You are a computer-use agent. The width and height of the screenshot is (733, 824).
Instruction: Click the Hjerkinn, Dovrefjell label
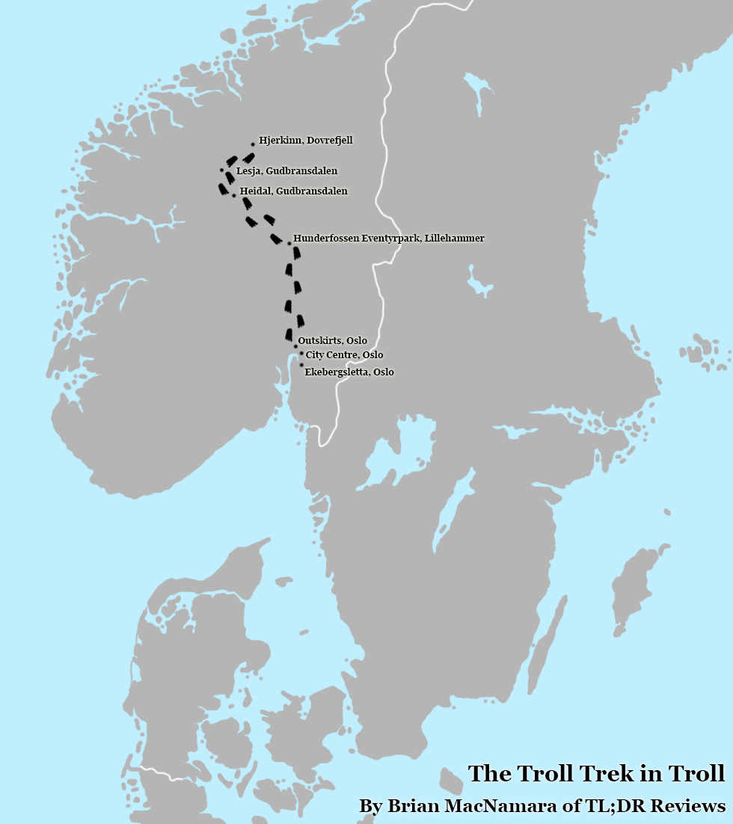(305, 141)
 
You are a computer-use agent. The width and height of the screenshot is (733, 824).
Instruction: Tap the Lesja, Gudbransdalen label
(286, 171)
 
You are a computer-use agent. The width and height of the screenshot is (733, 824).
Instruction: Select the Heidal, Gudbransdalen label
(293, 191)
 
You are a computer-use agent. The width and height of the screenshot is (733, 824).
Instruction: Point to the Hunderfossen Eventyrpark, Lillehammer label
(388, 238)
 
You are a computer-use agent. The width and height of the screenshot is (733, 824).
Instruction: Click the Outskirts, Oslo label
(332, 341)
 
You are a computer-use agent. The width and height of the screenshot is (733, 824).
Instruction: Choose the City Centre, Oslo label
(344, 354)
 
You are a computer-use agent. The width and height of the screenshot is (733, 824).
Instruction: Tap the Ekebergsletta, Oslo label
(349, 372)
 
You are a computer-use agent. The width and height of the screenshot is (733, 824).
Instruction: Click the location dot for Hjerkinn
(253, 144)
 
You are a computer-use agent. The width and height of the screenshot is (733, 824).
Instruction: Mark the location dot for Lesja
(221, 170)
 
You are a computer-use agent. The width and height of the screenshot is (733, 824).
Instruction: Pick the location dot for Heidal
(234, 195)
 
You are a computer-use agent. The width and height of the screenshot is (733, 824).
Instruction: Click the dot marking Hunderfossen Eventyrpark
(289, 243)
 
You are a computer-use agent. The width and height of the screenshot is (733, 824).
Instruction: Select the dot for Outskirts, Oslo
(295, 346)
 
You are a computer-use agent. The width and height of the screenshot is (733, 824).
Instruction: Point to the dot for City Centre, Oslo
(301, 354)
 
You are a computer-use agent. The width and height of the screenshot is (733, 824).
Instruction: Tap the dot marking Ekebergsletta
(301, 366)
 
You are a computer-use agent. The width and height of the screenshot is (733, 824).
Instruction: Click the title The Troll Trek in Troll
(596, 774)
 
